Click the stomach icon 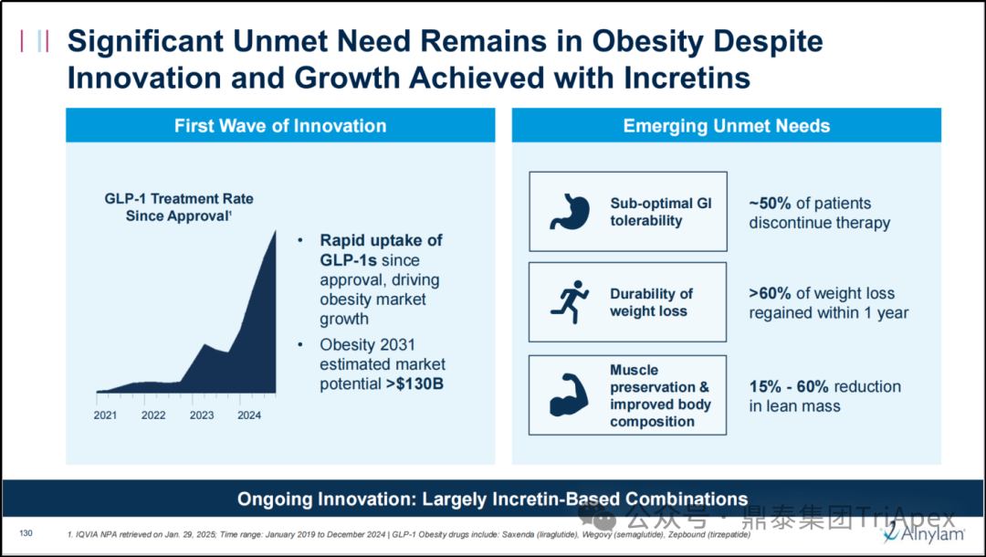(569, 211)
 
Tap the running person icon (569, 302)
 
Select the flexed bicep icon (569, 394)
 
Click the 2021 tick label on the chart (105, 415)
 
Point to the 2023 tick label (201, 415)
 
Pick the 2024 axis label (249, 415)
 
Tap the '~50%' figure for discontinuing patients (771, 204)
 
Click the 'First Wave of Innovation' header (280, 126)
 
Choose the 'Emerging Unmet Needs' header (726, 126)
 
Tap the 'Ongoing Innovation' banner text (493, 499)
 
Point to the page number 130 (26, 532)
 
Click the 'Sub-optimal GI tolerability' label (660, 212)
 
